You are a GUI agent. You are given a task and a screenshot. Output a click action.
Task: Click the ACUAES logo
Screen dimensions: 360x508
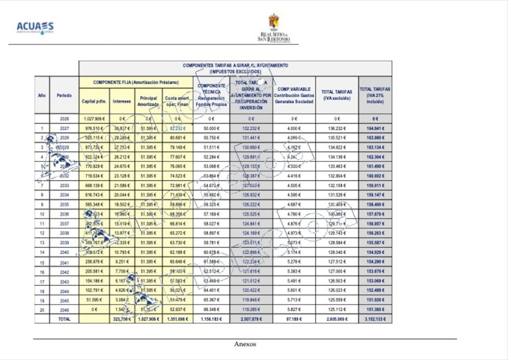click(x=35, y=27)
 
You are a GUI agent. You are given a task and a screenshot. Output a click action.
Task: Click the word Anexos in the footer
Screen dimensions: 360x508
click(x=245, y=344)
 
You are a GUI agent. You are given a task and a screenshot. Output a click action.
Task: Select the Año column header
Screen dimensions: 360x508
click(x=42, y=95)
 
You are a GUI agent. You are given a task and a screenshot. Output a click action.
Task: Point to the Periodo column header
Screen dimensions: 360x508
click(x=64, y=95)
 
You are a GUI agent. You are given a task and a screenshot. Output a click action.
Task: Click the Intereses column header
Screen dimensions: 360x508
click(x=122, y=101)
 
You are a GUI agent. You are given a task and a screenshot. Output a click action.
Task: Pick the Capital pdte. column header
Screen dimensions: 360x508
click(x=94, y=101)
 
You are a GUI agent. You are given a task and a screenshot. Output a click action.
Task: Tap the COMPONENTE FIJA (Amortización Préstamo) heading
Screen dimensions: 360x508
click(x=136, y=82)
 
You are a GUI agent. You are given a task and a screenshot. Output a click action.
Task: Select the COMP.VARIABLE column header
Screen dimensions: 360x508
click(x=294, y=95)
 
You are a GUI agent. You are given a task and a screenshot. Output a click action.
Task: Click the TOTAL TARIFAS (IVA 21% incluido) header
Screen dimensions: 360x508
click(x=375, y=95)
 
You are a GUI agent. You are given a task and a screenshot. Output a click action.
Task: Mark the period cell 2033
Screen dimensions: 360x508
click(x=64, y=185)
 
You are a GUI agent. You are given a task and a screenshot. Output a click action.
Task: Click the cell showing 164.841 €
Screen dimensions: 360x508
click(x=375, y=128)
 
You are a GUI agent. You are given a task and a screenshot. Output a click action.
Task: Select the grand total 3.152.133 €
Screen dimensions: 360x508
click(x=375, y=319)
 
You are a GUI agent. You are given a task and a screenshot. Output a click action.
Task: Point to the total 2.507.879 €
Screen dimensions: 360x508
click(x=251, y=319)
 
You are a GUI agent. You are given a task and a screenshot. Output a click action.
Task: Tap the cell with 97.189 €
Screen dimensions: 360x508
click(x=294, y=319)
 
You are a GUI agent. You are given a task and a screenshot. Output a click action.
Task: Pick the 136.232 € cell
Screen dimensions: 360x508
click(x=337, y=128)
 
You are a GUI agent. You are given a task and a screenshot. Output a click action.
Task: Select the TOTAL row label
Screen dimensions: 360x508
click(x=64, y=319)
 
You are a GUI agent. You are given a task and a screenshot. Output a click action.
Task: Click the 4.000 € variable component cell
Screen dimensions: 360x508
click(x=294, y=128)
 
